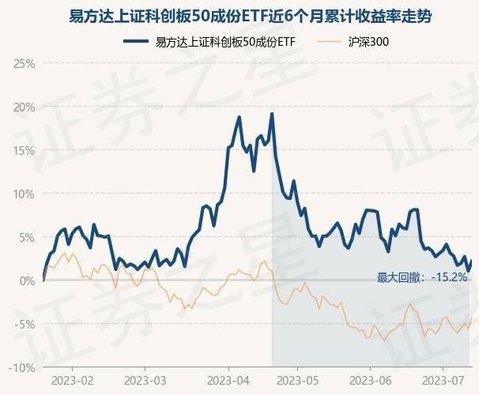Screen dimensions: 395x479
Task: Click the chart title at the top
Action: pyautogui.click(x=239, y=15)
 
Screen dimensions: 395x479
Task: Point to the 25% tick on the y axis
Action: pyautogui.click(x=25, y=63)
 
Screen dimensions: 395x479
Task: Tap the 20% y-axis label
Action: pyautogui.click(x=25, y=107)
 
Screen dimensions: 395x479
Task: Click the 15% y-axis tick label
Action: pyautogui.click(x=25, y=150)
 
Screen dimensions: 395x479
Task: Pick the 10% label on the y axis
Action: pyautogui.click(x=25, y=194)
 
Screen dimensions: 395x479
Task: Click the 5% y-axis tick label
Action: pyautogui.click(x=27, y=237)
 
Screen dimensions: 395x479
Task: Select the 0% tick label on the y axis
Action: pyautogui.click(x=27, y=280)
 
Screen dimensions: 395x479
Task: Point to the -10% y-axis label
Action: pyautogui.click(x=23, y=367)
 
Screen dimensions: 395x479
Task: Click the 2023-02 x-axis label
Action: pyautogui.click(x=72, y=381)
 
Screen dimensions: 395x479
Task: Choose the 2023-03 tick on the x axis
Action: pyautogui.click(x=145, y=381)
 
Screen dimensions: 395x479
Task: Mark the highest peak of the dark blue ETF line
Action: pyautogui.click(x=272, y=114)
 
